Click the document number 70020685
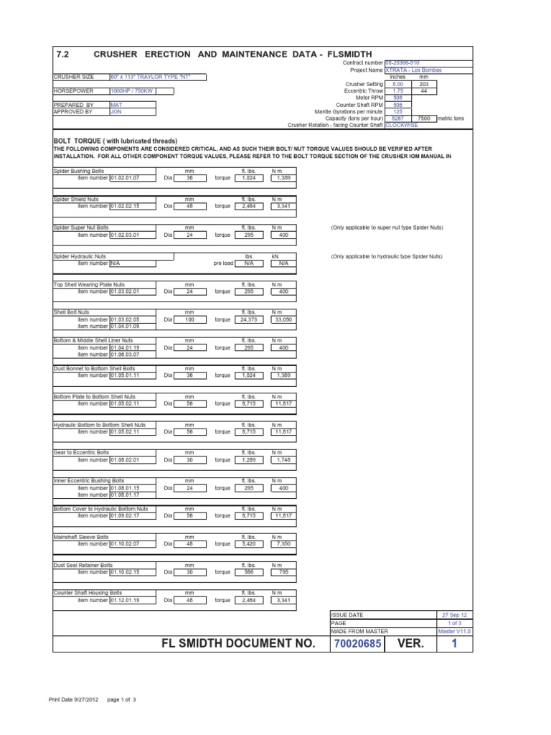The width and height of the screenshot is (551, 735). tap(357, 644)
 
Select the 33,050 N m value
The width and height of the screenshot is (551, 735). tap(281, 319)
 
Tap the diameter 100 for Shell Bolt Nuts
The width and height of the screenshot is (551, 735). tap(189, 319)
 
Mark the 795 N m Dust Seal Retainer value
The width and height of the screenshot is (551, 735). tap(281, 572)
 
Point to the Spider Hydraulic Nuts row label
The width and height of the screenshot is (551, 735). tap(80, 256)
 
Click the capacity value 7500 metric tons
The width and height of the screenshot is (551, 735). tap(423, 118)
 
